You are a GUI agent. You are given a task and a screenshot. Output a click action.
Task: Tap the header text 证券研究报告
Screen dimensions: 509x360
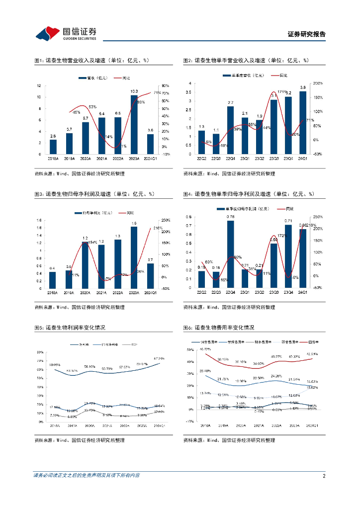coord(307,34)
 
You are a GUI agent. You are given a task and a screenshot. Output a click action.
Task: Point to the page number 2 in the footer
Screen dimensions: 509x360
coord(324,476)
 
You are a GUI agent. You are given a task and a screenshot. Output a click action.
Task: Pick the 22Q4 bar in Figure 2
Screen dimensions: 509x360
coord(230,130)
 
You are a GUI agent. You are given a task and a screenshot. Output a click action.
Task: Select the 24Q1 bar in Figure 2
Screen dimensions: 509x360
coord(302,122)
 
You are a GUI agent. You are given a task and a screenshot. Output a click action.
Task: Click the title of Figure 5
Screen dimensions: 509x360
coord(70,328)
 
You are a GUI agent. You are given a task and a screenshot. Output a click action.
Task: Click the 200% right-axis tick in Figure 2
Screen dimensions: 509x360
coord(317,83)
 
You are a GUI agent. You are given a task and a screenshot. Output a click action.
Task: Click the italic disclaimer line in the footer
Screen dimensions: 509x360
coord(87,476)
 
